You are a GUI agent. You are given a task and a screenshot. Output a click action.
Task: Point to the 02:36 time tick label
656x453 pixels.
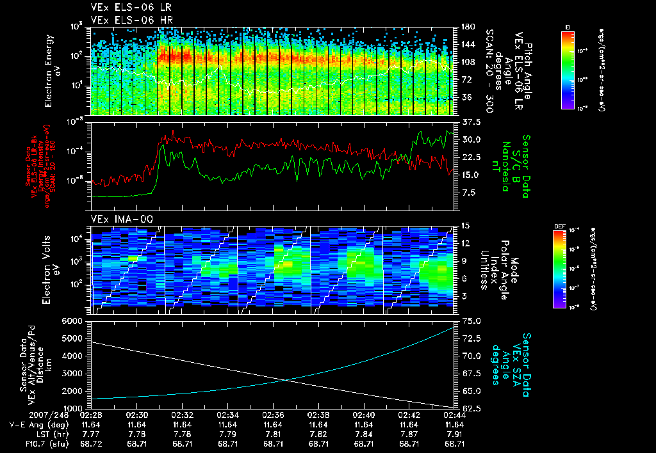coord(274,415)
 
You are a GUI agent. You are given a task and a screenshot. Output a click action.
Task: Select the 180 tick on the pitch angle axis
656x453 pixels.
coord(466,26)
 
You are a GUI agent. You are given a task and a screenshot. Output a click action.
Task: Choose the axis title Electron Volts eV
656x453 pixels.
coord(56,269)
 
